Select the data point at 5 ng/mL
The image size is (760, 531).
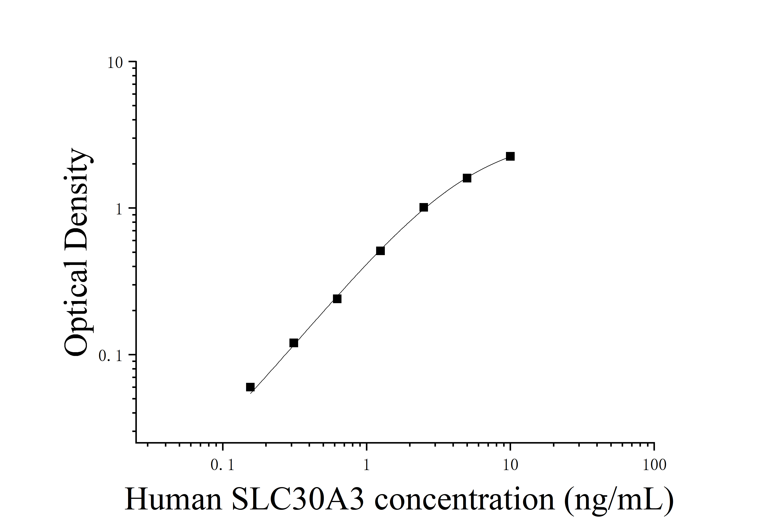tap(467, 178)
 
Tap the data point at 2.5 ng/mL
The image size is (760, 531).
tap(423, 207)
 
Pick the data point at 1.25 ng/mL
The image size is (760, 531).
tap(380, 251)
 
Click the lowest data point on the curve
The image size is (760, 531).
tap(250, 387)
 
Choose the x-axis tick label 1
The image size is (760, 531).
tap(366, 465)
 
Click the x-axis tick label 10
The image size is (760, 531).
tap(510, 465)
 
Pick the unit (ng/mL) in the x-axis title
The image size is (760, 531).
tap(618, 500)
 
